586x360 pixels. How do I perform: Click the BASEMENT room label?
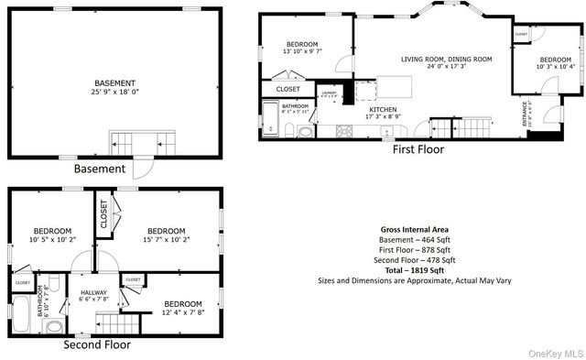click(114, 82)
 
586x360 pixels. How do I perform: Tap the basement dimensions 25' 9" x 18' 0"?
click(114, 92)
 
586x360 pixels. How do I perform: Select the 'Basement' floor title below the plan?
click(99, 169)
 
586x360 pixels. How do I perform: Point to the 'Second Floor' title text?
click(96, 346)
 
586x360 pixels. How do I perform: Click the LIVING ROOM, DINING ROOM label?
click(446, 59)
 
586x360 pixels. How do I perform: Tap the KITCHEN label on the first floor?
click(382, 109)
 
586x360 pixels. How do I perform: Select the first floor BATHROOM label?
click(295, 105)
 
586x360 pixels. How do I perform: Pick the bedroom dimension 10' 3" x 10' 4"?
click(555, 66)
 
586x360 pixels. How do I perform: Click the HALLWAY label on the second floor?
click(94, 291)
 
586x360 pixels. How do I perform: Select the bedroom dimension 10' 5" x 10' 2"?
click(52, 240)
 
